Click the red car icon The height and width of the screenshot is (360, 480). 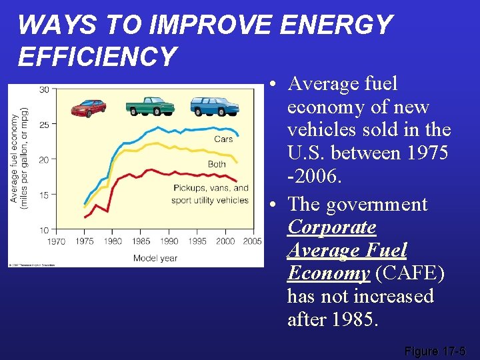coord(88,108)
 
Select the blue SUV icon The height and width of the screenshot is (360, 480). coord(214,106)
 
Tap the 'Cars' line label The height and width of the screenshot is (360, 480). coord(223,139)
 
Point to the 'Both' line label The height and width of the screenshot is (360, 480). coord(217,164)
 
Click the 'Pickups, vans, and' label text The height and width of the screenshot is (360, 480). coord(211,188)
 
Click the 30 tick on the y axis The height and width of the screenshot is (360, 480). coord(43,89)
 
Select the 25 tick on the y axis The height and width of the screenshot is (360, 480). coord(43,125)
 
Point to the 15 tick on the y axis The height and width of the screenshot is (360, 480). coord(43,195)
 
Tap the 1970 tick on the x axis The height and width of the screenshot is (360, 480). coord(57,241)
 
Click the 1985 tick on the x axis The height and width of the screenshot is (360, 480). coord(141,241)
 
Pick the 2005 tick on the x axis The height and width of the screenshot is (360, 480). coord(252,241)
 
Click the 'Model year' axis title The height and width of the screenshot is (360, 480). coord(155,258)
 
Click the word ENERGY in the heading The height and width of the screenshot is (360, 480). coord(336,25)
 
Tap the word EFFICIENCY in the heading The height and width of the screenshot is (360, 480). coord(97,57)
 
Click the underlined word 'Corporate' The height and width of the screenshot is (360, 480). coord(331,227)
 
